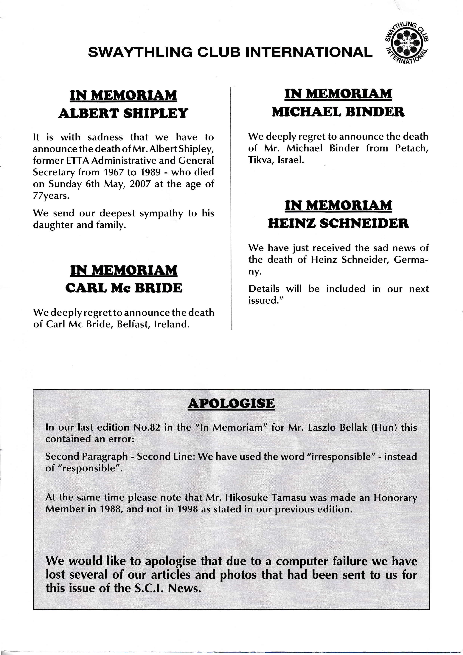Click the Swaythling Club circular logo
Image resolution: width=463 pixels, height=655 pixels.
click(406, 43)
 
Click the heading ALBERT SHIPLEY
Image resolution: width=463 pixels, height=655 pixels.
click(123, 113)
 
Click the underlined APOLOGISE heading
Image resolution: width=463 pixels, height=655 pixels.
click(231, 403)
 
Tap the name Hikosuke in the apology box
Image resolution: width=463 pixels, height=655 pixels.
click(247, 498)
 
